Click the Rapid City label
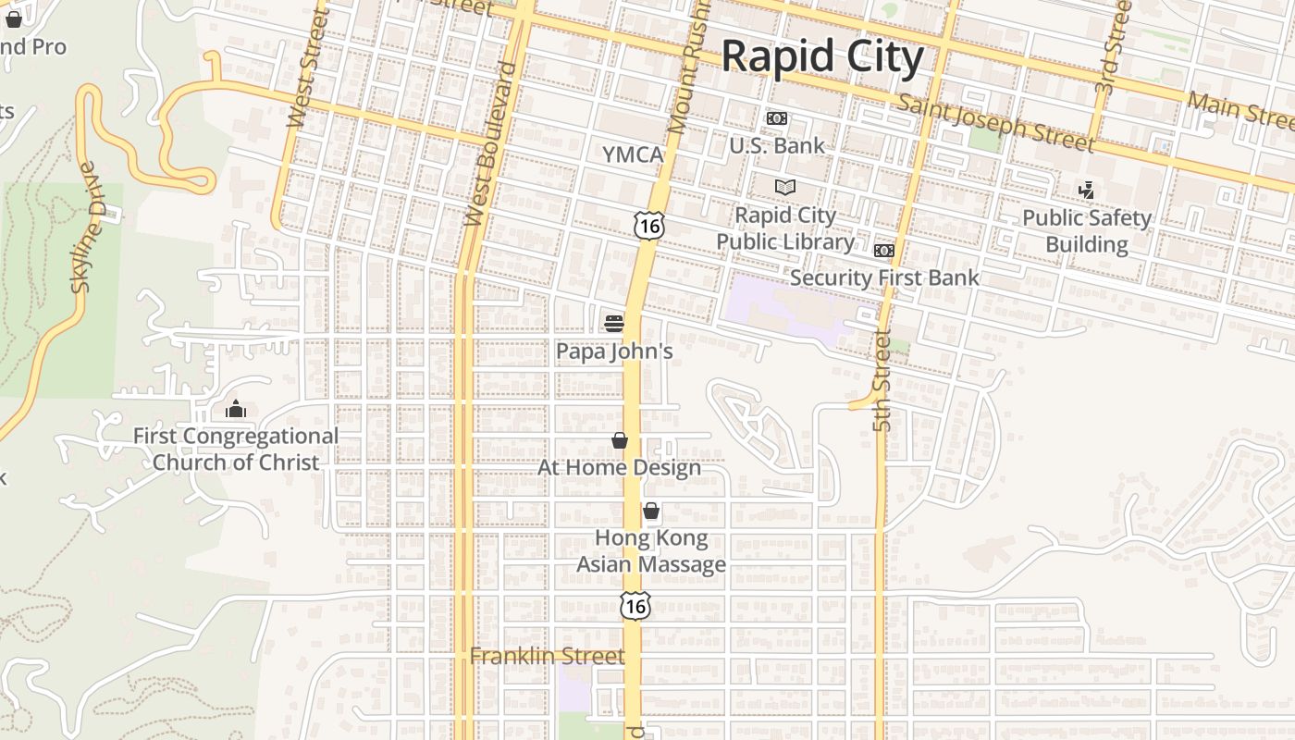coord(821,57)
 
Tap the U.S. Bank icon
coord(777,118)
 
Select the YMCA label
coord(634,154)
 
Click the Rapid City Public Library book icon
coord(785,188)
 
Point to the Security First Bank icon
coord(884,251)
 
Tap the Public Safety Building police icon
coord(1087,191)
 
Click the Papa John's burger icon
coord(613,323)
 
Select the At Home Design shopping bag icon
coord(620,440)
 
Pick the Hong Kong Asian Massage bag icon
coord(651,511)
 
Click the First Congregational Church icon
coord(236,409)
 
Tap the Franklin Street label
coord(547,656)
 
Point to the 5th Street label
coord(882,381)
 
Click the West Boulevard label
coord(489,143)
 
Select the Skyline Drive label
coord(85,228)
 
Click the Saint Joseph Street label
coord(996,122)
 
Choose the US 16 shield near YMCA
coord(649,224)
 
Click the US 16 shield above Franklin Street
coord(635,605)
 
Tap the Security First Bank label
coord(883,277)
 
